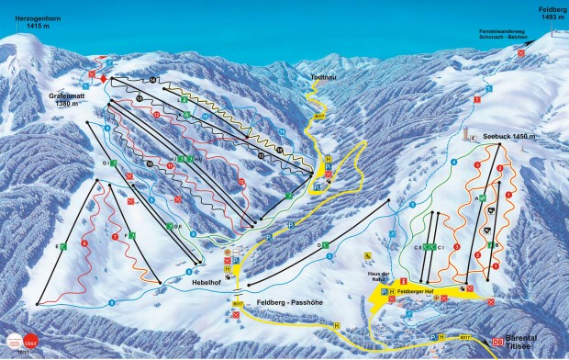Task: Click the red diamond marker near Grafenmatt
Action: point(104,79)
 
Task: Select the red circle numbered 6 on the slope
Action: point(84,242)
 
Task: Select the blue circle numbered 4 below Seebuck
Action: point(452,163)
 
